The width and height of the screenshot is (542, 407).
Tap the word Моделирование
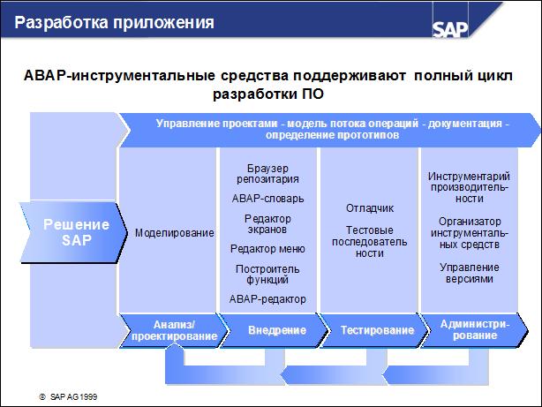(174, 233)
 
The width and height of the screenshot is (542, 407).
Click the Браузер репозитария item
(267, 173)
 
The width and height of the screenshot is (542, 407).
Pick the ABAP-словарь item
(267, 199)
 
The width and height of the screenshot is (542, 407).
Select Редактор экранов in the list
(267, 224)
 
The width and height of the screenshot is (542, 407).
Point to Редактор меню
(267, 249)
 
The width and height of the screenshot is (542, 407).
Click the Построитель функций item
(267, 274)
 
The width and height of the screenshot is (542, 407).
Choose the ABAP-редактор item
(267, 299)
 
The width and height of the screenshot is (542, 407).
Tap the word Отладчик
(369, 208)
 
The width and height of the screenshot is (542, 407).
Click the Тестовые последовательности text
(369, 241)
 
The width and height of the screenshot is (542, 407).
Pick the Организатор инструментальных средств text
(469, 232)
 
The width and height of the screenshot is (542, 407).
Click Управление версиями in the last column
(469, 273)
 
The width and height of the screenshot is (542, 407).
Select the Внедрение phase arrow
(275, 330)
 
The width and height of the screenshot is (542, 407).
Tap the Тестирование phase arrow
(376, 330)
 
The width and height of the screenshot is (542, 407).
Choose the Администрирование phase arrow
(474, 330)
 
